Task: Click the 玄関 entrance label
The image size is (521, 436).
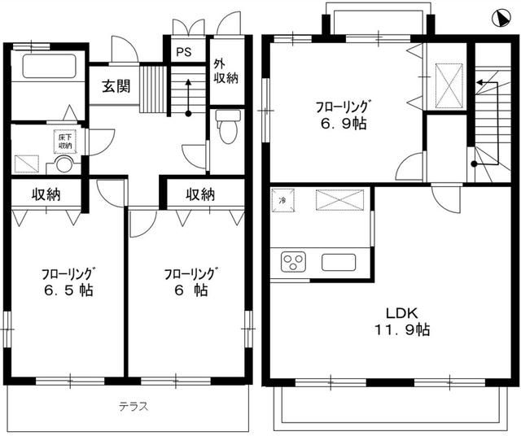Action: coord(116,87)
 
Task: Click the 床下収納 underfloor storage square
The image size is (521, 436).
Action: coord(64,142)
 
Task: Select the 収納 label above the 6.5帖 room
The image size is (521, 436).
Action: coord(46,195)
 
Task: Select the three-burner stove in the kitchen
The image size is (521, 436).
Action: coord(292,262)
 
